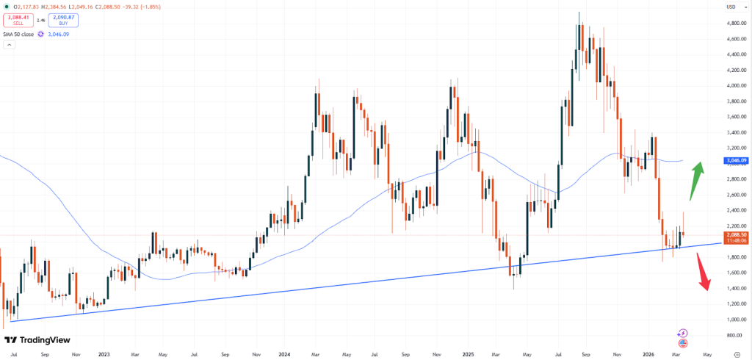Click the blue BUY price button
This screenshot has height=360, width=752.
[x=63, y=20]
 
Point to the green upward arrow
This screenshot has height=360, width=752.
[x=696, y=181]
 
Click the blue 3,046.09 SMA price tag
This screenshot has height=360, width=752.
[x=737, y=160]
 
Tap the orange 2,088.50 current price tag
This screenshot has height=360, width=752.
[x=737, y=234]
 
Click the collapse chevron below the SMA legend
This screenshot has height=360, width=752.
[x=9, y=46]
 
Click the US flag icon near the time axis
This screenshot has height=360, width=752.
[x=683, y=343]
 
